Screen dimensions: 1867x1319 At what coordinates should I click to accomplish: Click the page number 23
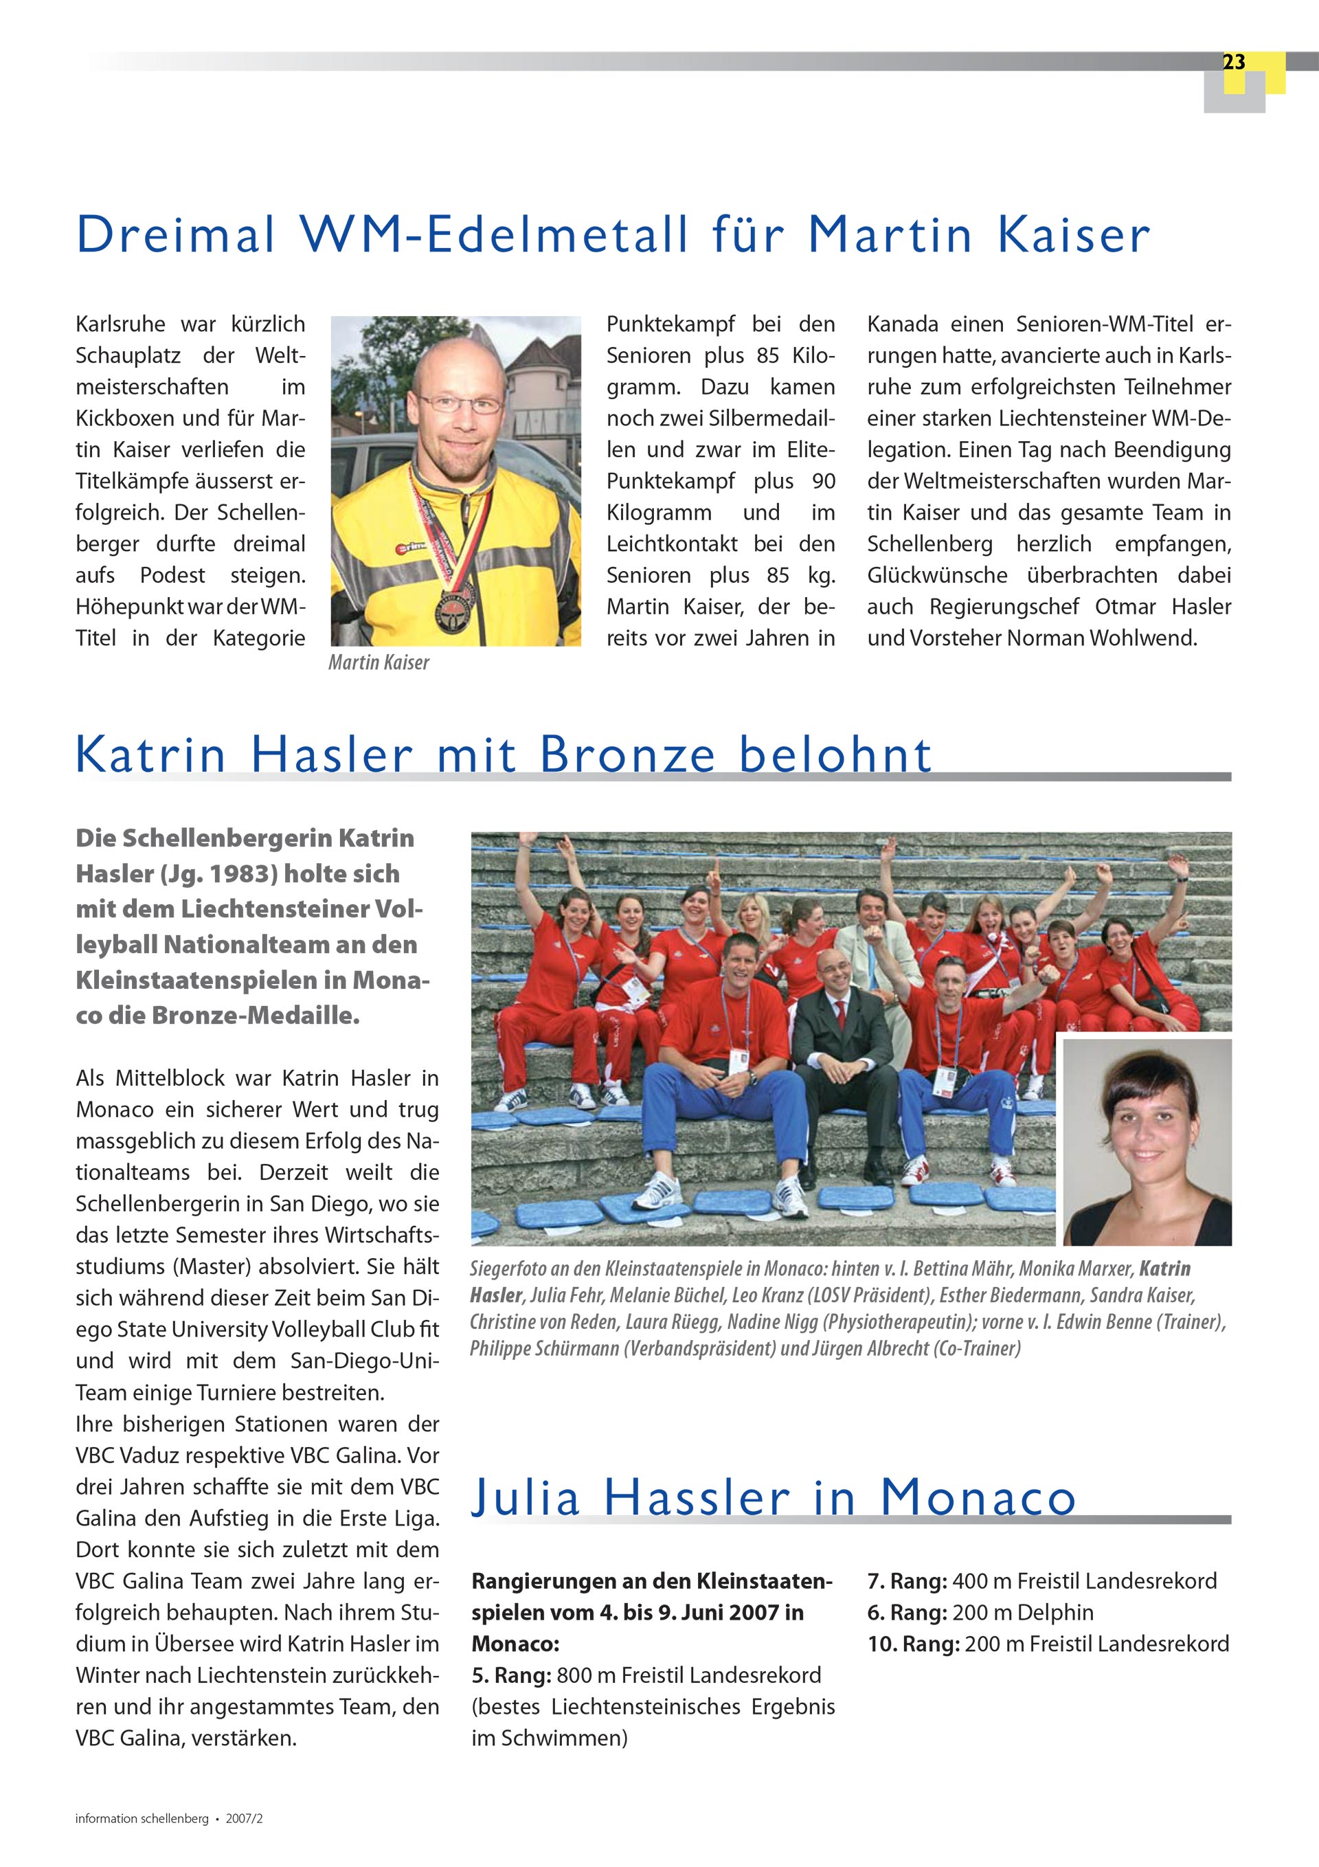pyautogui.click(x=1233, y=63)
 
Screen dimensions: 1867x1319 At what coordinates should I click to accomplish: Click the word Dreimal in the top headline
pyautogui.click(x=176, y=235)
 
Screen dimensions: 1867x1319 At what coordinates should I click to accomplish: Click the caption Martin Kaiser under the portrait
pyautogui.click(x=378, y=662)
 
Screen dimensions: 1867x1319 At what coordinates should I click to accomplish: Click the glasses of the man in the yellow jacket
pyautogui.click(x=460, y=404)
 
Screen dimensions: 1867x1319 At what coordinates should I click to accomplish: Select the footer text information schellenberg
pyautogui.click(x=142, y=1819)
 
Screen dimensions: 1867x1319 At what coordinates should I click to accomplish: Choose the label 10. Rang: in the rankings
pyautogui.click(x=913, y=1644)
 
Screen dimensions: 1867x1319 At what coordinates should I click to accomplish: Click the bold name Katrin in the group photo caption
pyautogui.click(x=1164, y=1268)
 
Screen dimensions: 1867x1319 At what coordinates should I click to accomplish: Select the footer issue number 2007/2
pyautogui.click(x=244, y=1819)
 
